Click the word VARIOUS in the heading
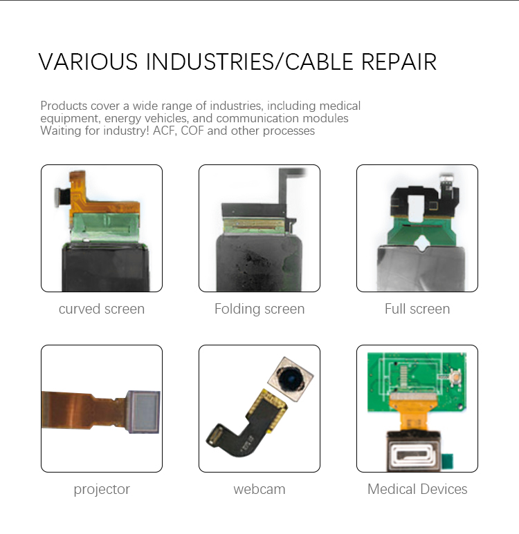click(x=88, y=61)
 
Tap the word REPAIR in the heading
click(x=399, y=61)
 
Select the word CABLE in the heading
click(x=319, y=61)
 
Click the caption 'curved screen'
click(x=102, y=309)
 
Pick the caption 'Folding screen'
click(x=259, y=309)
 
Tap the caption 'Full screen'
click(x=417, y=309)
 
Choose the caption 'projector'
click(x=102, y=490)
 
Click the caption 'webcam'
click(x=259, y=489)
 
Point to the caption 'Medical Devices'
click(x=417, y=489)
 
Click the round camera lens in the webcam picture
click(x=291, y=379)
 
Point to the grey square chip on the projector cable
click(x=143, y=412)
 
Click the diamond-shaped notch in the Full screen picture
click(x=423, y=242)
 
